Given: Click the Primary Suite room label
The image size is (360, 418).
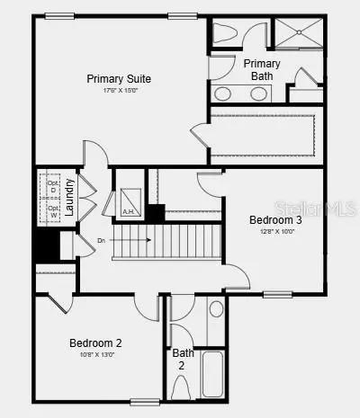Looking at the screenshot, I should click(x=131, y=78).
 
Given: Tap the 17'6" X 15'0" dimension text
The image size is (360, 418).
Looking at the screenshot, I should click(x=131, y=90).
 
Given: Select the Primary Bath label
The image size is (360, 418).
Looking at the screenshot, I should click(x=262, y=69).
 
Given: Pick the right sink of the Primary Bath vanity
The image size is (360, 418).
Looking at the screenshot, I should click(x=258, y=93).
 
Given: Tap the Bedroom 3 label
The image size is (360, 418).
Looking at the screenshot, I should click(x=275, y=220).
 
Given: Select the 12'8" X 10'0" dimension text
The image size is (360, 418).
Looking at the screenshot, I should click(x=275, y=231).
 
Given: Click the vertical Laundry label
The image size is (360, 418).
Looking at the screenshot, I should click(x=70, y=199).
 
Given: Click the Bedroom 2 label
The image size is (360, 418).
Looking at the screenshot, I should click(x=95, y=342).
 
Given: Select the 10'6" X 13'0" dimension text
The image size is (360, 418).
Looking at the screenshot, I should click(x=95, y=354).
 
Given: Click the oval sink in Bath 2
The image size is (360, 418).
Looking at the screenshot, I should click(x=216, y=310).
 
